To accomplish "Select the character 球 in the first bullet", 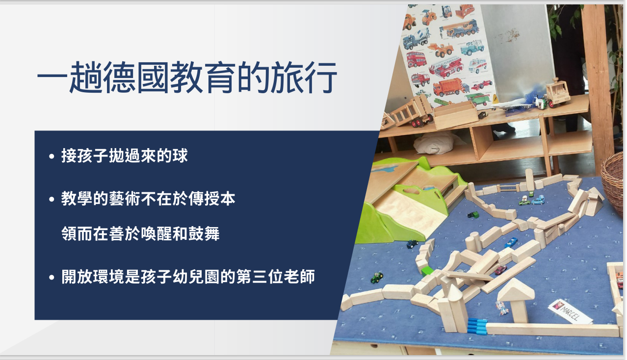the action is pyautogui.click(x=180, y=155).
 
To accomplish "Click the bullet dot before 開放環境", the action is pyautogui.click(x=52, y=277).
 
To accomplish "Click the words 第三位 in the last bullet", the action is pyautogui.click(x=260, y=277).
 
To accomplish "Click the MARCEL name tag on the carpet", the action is pyautogui.click(x=570, y=311).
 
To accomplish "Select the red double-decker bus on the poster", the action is pyautogui.click(x=416, y=59).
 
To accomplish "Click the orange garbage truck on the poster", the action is pyautogui.click(x=450, y=87).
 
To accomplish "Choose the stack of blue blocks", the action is pyautogui.click(x=477, y=326).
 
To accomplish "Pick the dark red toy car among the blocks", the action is pyautogui.click(x=500, y=270).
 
